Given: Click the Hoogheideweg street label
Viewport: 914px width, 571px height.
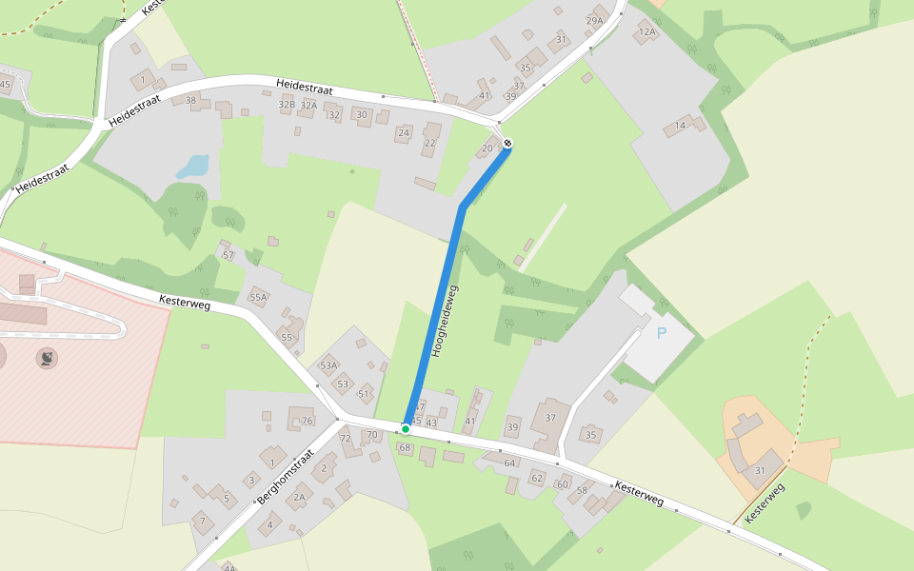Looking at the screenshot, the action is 445,321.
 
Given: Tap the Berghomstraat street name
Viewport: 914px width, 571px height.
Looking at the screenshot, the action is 286,476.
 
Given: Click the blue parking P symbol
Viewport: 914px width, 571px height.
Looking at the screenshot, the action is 662,333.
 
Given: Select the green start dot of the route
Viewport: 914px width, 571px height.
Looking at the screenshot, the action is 406,428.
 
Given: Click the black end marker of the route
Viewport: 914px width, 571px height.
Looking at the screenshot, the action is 507,143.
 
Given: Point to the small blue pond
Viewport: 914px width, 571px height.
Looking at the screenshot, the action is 193,167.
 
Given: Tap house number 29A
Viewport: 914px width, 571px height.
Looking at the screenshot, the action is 595,20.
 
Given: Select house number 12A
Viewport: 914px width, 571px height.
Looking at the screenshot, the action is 647,31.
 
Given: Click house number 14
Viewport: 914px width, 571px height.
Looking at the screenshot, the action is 680,126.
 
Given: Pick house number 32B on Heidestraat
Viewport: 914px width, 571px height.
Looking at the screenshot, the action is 287,105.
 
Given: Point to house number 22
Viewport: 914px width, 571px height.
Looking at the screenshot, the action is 430,143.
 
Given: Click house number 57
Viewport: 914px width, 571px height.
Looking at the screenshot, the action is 228,255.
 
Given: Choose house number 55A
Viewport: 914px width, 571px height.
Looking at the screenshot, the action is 258,297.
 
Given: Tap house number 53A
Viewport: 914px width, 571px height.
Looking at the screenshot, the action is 329,365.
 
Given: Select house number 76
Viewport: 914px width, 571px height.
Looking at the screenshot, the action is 307,421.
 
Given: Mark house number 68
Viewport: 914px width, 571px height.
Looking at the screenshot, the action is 405,447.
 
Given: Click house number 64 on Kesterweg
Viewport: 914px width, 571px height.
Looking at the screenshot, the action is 509,463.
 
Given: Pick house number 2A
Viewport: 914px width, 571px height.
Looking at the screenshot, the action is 299,497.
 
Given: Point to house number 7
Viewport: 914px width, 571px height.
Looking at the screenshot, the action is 201,521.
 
